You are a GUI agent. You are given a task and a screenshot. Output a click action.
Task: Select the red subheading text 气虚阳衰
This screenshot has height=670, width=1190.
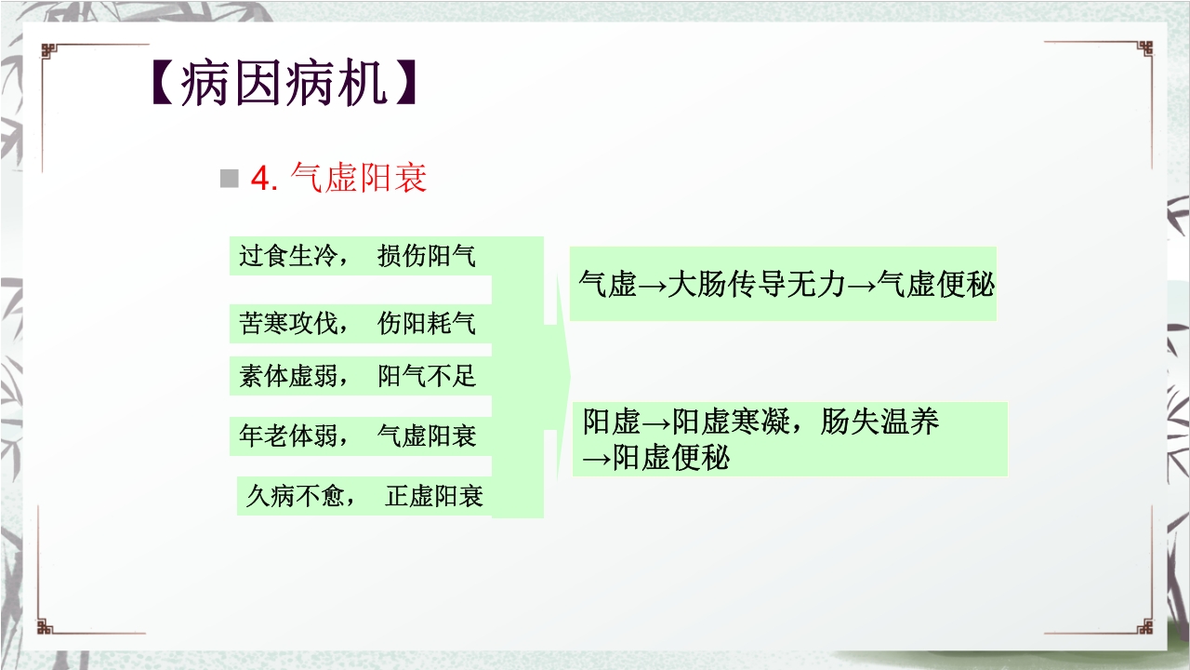[x=359, y=178]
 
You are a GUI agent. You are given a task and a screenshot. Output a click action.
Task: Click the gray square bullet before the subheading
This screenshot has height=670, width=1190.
[x=229, y=179]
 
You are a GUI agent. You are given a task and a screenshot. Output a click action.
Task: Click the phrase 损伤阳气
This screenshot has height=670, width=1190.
[x=427, y=256]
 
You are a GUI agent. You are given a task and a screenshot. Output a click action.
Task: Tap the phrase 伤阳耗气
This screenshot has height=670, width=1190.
[x=427, y=323]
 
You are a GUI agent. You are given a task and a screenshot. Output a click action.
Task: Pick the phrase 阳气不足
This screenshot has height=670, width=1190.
[x=427, y=376]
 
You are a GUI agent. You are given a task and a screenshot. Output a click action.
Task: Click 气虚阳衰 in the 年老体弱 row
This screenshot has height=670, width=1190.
[x=427, y=435]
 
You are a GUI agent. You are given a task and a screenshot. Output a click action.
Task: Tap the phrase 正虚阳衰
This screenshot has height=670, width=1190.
[x=434, y=496]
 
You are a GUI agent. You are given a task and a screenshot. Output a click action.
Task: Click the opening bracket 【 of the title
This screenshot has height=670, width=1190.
[x=162, y=86]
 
